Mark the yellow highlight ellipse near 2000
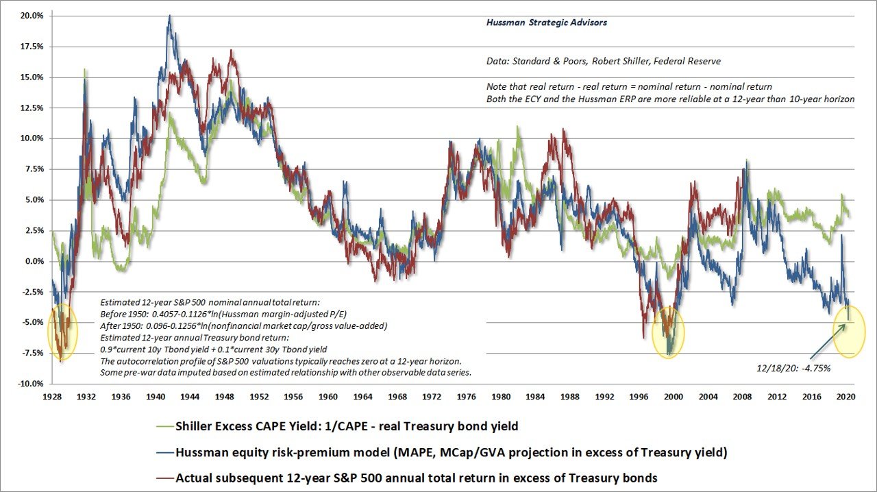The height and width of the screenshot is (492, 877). click(666, 332)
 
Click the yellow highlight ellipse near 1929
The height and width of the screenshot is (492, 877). click(62, 332)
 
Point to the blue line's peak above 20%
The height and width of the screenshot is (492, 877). click(169, 16)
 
